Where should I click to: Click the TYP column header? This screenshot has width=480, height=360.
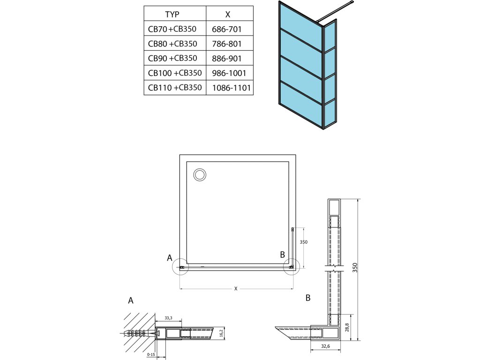click(172, 14)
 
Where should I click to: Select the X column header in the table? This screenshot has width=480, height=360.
click(228, 14)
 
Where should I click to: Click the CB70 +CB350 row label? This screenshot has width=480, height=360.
click(172, 29)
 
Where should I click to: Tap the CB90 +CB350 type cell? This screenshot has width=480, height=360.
click(172, 58)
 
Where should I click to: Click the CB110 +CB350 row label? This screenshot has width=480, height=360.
click(174, 87)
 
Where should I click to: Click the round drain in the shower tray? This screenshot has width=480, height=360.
click(199, 175)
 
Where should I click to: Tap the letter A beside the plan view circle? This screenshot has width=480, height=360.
click(170, 257)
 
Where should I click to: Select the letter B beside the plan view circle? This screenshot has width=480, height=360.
click(282, 255)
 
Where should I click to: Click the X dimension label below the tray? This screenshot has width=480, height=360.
click(236, 288)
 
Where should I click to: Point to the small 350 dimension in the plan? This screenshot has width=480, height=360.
click(303, 242)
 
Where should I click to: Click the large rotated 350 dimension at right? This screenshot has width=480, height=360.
click(355, 268)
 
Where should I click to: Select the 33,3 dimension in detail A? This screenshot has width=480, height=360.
click(169, 318)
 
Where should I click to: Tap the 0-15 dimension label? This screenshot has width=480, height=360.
click(151, 354)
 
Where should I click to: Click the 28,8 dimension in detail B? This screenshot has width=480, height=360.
click(347, 326)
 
